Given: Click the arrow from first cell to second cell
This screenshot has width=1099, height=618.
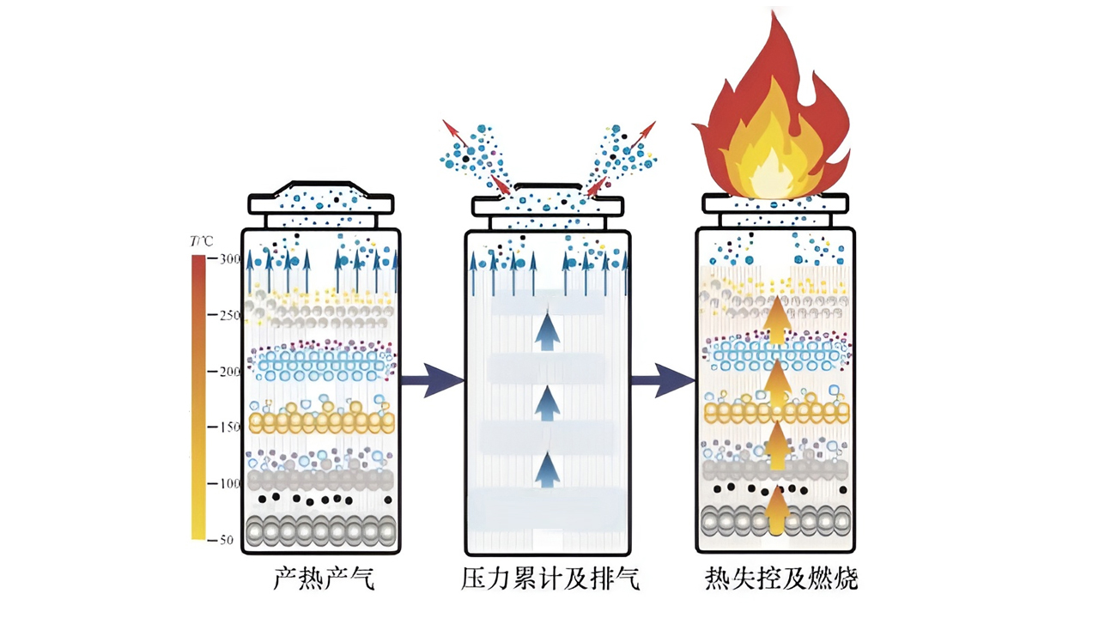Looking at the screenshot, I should pyautogui.click(x=431, y=379).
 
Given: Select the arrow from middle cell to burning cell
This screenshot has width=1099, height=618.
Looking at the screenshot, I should pyautogui.click(x=664, y=379).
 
